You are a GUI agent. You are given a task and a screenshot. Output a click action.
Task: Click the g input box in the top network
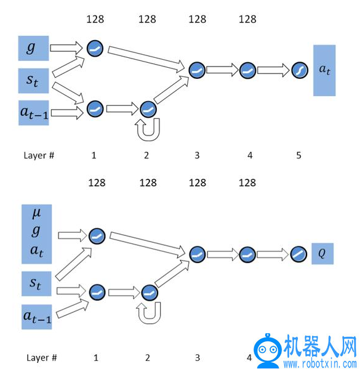pyautogui.click(x=34, y=48)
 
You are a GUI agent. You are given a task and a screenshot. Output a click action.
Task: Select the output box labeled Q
pyautogui.click(x=322, y=253)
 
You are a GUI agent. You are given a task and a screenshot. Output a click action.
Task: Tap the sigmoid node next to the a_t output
pyautogui.click(x=300, y=70)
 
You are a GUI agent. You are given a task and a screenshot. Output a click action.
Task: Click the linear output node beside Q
pyautogui.click(x=298, y=254)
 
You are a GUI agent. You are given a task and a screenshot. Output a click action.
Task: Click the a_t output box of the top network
pyautogui.click(x=324, y=70)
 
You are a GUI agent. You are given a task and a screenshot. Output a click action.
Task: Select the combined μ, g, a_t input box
pyautogui.click(x=37, y=234)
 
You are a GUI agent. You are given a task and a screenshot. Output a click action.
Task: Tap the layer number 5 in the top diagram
pyautogui.click(x=298, y=155)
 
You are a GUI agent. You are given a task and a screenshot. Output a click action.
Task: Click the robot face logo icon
pyautogui.click(x=267, y=349)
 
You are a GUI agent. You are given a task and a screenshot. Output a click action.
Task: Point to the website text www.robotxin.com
pyautogui.click(x=320, y=363)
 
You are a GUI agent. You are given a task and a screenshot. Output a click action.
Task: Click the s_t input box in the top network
pyautogui.click(x=34, y=81)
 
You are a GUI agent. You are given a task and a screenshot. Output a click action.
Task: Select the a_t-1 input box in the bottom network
pyautogui.click(x=37, y=317)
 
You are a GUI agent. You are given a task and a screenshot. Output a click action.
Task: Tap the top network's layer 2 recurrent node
pyautogui.click(x=148, y=109)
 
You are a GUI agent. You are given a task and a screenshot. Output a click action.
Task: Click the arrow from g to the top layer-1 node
pyautogui.click(x=66, y=48)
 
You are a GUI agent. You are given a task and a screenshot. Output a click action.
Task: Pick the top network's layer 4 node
pyautogui.click(x=247, y=70)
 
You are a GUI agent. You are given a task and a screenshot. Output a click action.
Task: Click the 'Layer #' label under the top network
pyautogui.click(x=39, y=156)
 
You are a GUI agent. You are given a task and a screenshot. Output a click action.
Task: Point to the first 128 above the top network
pyautogui.click(x=95, y=19)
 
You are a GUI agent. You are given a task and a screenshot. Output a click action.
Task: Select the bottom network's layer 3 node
pyautogui.click(x=198, y=254)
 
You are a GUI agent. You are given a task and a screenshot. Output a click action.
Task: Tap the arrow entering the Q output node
pyautogui.click(x=273, y=254)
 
